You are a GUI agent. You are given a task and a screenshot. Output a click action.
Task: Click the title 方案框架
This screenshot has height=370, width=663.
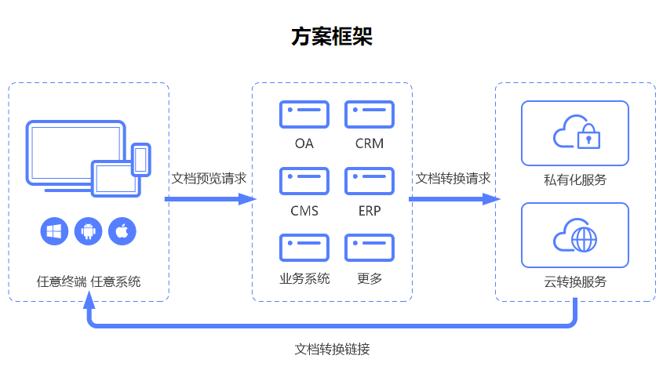[331, 36]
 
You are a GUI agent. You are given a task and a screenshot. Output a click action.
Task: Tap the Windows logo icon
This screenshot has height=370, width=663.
[54, 231]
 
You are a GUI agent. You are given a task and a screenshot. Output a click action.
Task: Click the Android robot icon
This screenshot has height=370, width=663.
[89, 231]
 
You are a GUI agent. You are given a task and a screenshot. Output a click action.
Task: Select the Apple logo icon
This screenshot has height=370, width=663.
[122, 231]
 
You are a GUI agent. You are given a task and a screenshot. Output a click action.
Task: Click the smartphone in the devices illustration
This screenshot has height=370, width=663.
[141, 160]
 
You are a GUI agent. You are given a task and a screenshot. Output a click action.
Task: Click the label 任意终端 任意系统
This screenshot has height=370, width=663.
[89, 281]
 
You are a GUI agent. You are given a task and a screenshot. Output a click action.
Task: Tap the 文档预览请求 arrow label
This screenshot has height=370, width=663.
[209, 178]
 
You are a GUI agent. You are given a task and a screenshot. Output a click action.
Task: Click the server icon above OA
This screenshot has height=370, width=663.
[304, 114]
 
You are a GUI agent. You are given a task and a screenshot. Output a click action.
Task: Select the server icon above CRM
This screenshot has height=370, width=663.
[370, 114]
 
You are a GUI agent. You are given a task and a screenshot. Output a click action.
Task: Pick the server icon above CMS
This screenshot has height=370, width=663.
[304, 181]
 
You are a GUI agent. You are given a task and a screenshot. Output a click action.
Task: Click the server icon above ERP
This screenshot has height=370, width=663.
[370, 181]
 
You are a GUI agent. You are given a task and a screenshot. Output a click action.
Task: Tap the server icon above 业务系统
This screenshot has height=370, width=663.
[304, 248]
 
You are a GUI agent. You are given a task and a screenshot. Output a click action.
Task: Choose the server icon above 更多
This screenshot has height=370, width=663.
[370, 248]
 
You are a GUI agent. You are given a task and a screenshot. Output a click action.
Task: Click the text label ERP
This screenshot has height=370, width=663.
[370, 211]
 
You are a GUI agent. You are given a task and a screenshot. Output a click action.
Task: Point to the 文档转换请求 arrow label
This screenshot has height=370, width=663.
[453, 178]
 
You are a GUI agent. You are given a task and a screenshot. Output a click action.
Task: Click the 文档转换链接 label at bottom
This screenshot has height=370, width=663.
[332, 348]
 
